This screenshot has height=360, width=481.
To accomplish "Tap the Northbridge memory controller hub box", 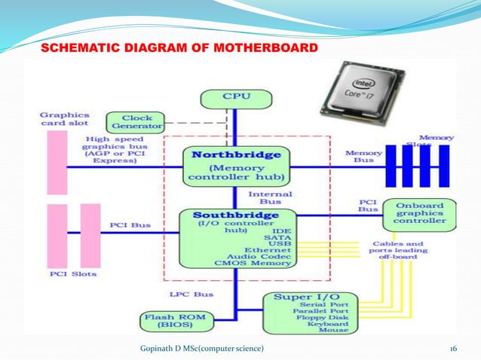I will click(x=235, y=165).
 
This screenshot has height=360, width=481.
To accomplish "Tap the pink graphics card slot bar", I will click(x=57, y=163).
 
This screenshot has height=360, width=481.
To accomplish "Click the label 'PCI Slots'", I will click(x=73, y=273).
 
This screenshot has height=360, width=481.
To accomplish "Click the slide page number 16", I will click(x=454, y=348).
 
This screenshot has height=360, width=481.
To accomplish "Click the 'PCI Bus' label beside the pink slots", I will click(x=129, y=225).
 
